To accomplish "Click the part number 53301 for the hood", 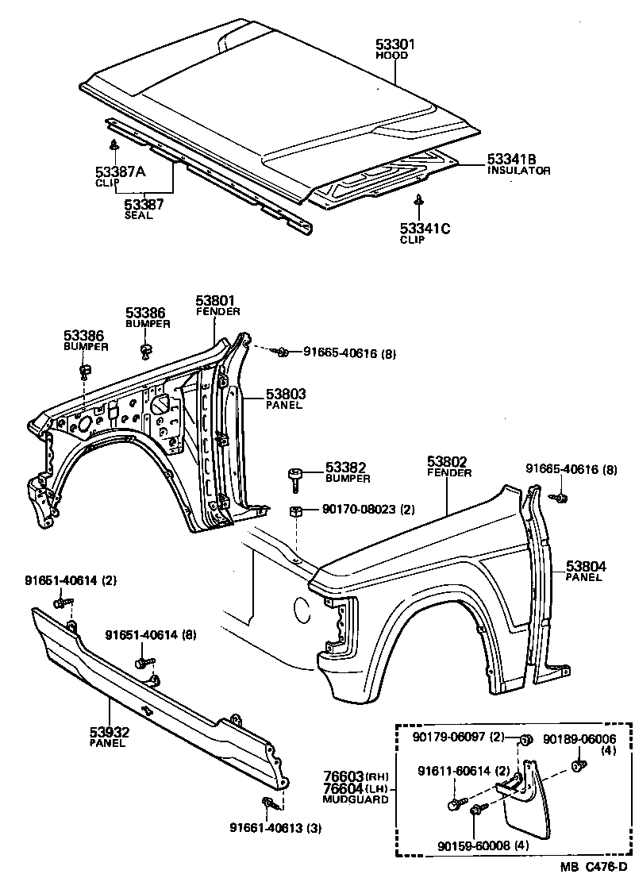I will [x=396, y=44].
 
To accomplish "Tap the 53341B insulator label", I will [x=512, y=160].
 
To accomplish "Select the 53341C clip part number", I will [x=425, y=229].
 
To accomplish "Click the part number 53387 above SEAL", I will [x=144, y=204].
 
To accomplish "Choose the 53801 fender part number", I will [x=216, y=301].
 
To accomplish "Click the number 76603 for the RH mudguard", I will [x=343, y=776].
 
